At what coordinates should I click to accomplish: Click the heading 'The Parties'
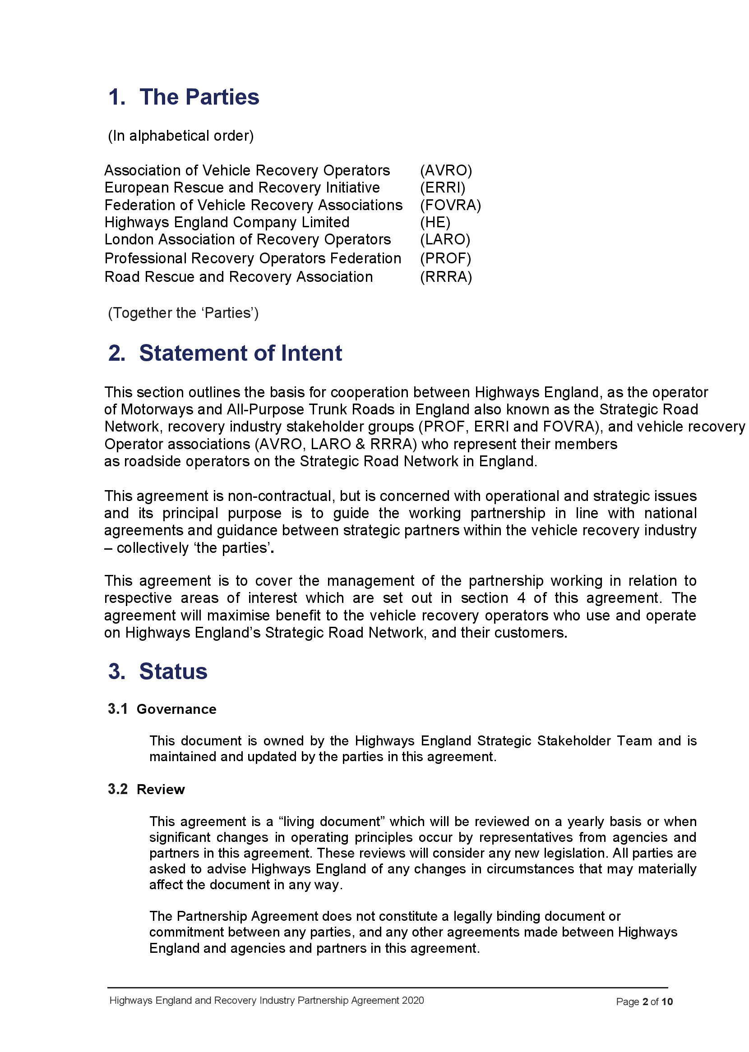(x=199, y=97)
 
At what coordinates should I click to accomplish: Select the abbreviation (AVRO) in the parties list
(x=445, y=170)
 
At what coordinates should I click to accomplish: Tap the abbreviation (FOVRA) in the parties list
(x=450, y=205)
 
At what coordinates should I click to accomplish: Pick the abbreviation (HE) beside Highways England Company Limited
(x=435, y=223)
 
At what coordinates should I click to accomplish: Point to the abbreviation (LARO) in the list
(x=444, y=239)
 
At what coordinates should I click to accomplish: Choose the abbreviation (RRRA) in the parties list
(x=445, y=277)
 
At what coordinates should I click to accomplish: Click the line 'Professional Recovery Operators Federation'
(x=253, y=258)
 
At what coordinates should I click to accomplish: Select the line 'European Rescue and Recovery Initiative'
(x=242, y=188)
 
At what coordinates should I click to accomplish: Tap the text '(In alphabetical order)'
(x=181, y=136)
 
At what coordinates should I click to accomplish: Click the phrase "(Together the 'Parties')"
(x=183, y=313)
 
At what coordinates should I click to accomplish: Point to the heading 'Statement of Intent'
(x=240, y=354)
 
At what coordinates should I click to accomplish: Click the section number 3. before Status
(x=117, y=671)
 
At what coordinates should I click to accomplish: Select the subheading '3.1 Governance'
(x=162, y=709)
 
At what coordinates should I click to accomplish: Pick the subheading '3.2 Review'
(x=146, y=790)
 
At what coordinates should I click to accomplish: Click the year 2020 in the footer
(x=412, y=1001)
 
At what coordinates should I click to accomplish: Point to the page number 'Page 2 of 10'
(x=644, y=1001)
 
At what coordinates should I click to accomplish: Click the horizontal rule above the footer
(x=388, y=988)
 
